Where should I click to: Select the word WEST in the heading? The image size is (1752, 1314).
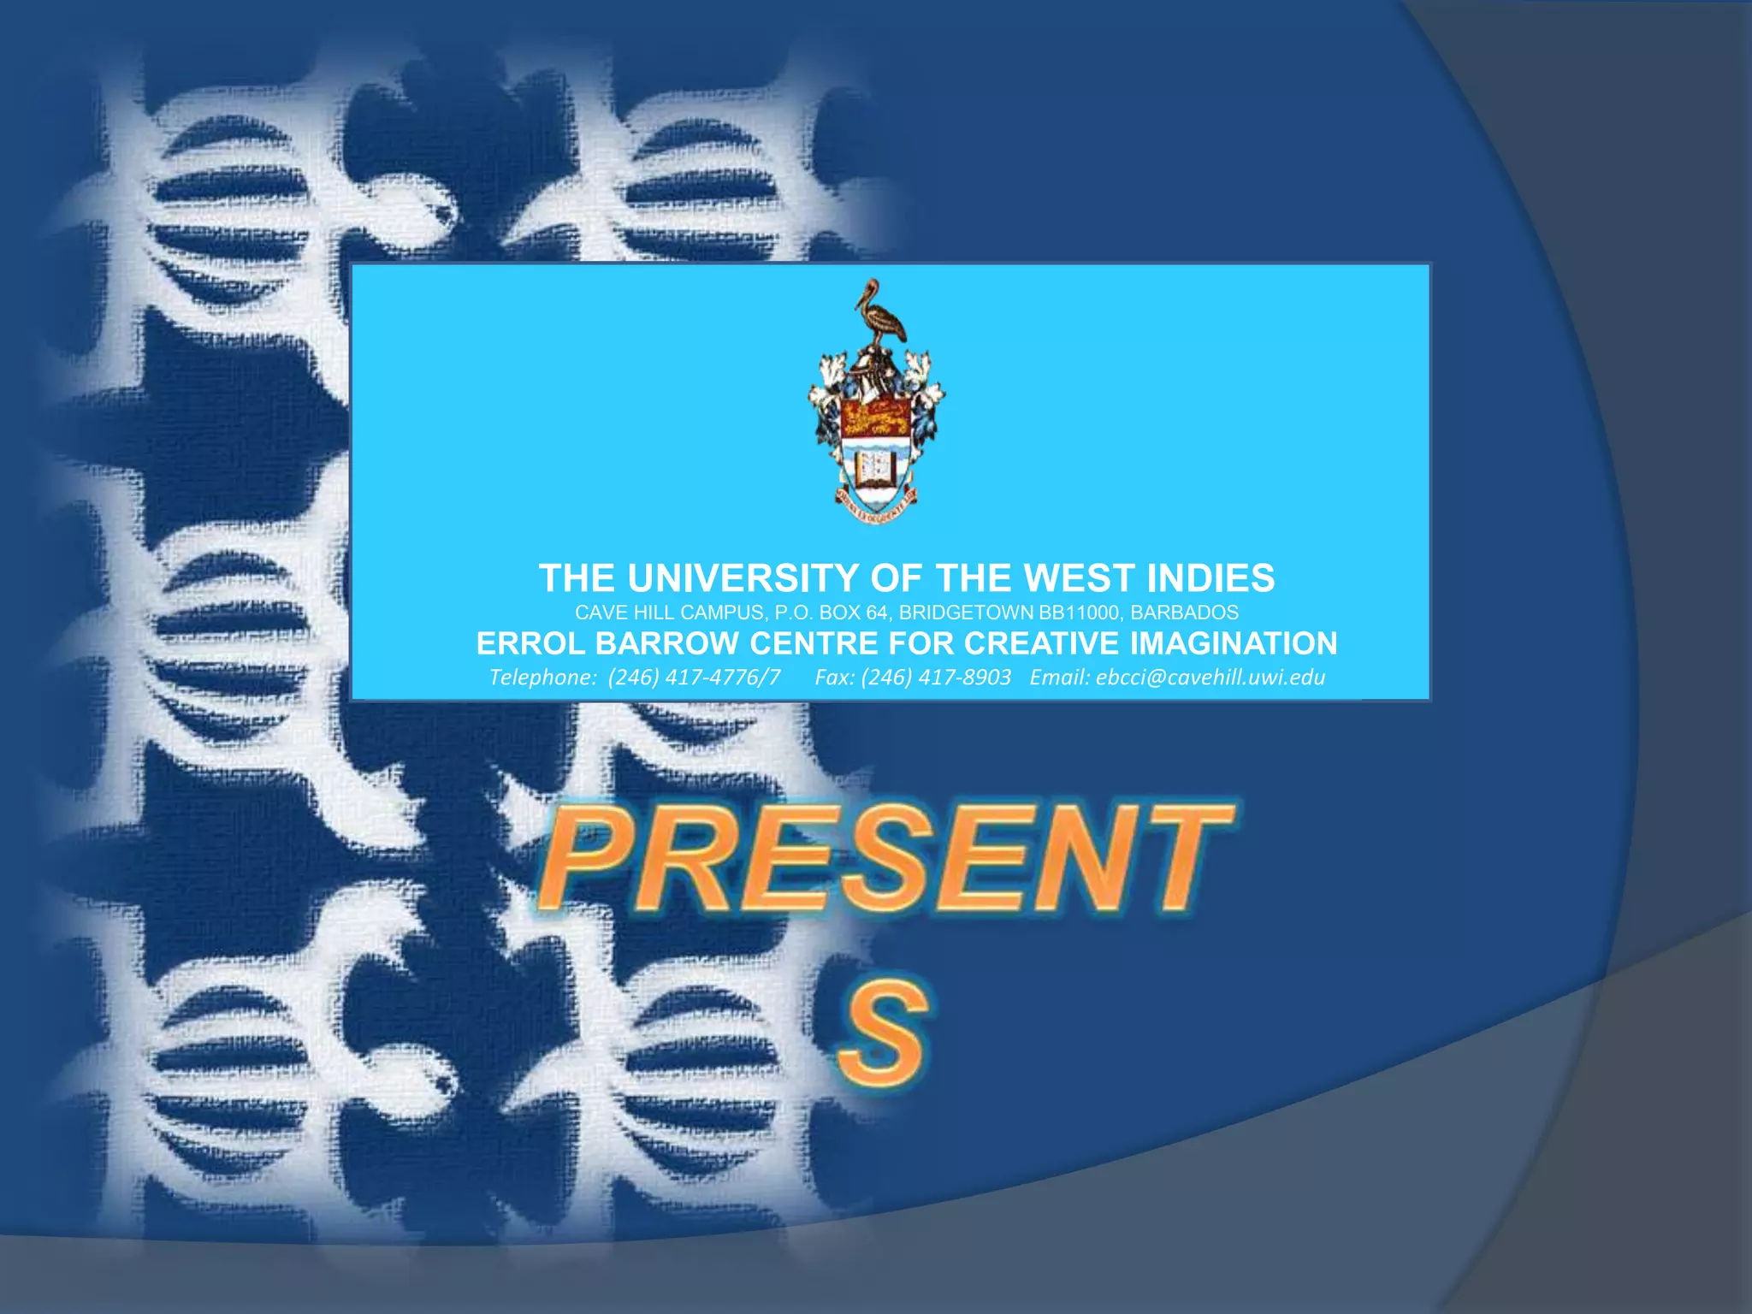coord(1079,579)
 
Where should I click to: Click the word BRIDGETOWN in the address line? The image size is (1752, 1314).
coord(966,613)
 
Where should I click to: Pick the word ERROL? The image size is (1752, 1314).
coord(530,643)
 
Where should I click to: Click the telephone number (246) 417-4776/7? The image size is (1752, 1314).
coord(694,678)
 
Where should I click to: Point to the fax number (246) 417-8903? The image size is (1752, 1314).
coord(936,678)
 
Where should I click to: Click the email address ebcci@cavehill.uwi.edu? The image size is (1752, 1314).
coord(1210,678)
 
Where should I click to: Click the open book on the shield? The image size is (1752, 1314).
coord(877,468)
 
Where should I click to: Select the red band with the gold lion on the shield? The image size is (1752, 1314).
coord(877,418)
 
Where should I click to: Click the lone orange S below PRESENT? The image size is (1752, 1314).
coord(882,1033)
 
